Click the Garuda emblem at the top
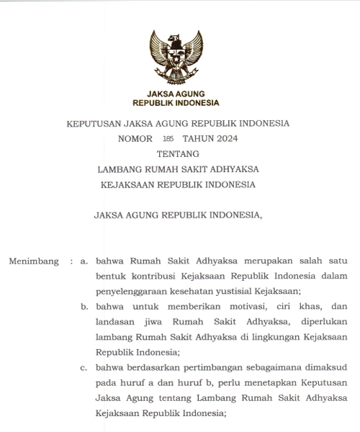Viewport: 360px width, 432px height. tap(176, 56)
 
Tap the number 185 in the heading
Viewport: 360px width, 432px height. tap(168, 138)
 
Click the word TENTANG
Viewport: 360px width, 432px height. tap(177, 153)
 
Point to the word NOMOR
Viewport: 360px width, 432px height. tap(135, 138)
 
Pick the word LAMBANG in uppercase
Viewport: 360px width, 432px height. tap(122, 168)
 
